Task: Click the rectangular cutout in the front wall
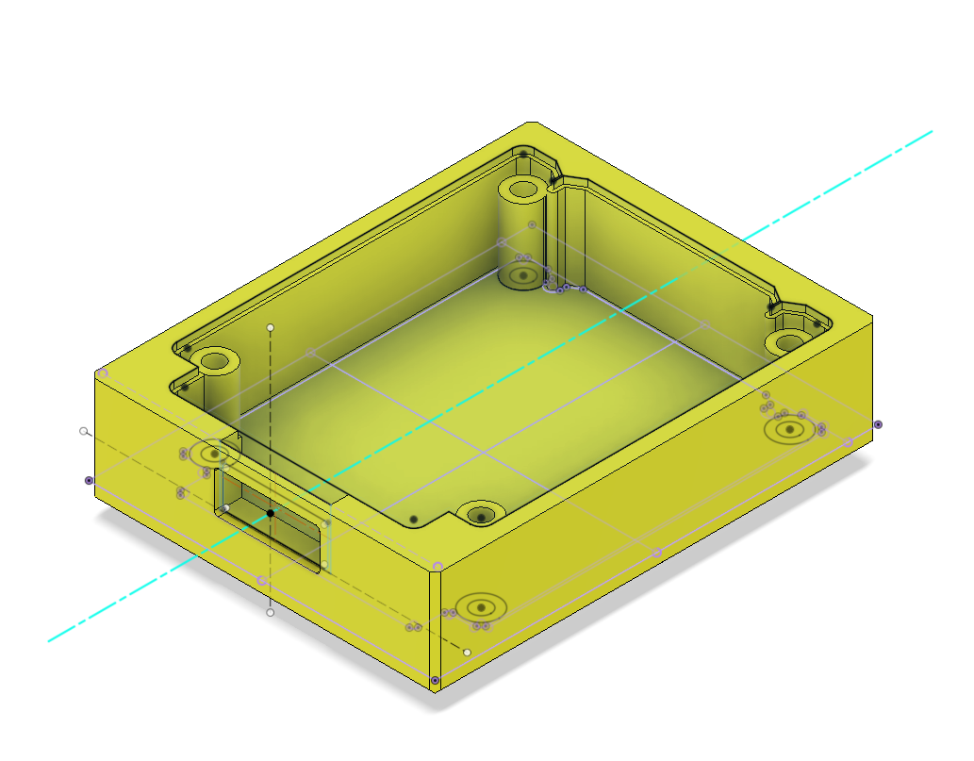[283, 528]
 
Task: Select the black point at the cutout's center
[271, 513]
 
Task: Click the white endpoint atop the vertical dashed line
[271, 327]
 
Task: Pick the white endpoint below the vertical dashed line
[271, 613]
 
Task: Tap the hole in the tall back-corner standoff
[521, 189]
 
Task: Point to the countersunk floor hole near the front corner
[482, 516]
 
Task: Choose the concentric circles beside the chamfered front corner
[481, 607]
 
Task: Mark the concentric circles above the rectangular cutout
[216, 454]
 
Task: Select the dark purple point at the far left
[90, 480]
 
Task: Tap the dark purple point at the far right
[878, 424]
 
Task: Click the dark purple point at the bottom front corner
[435, 680]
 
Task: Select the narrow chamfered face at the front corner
[435, 622]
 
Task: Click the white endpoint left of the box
[84, 431]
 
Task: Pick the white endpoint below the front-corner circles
[467, 653]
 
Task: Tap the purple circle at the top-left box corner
[103, 374]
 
